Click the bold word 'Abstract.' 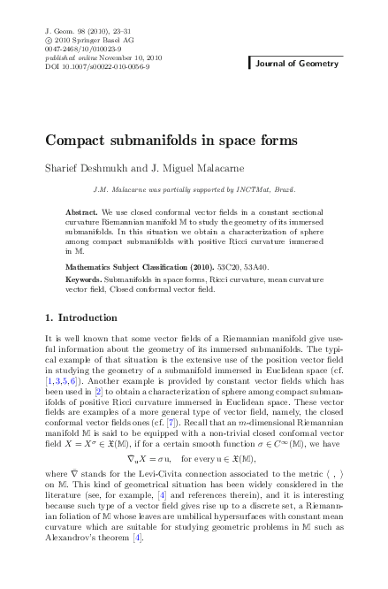pyautogui.click(x=83, y=214)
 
